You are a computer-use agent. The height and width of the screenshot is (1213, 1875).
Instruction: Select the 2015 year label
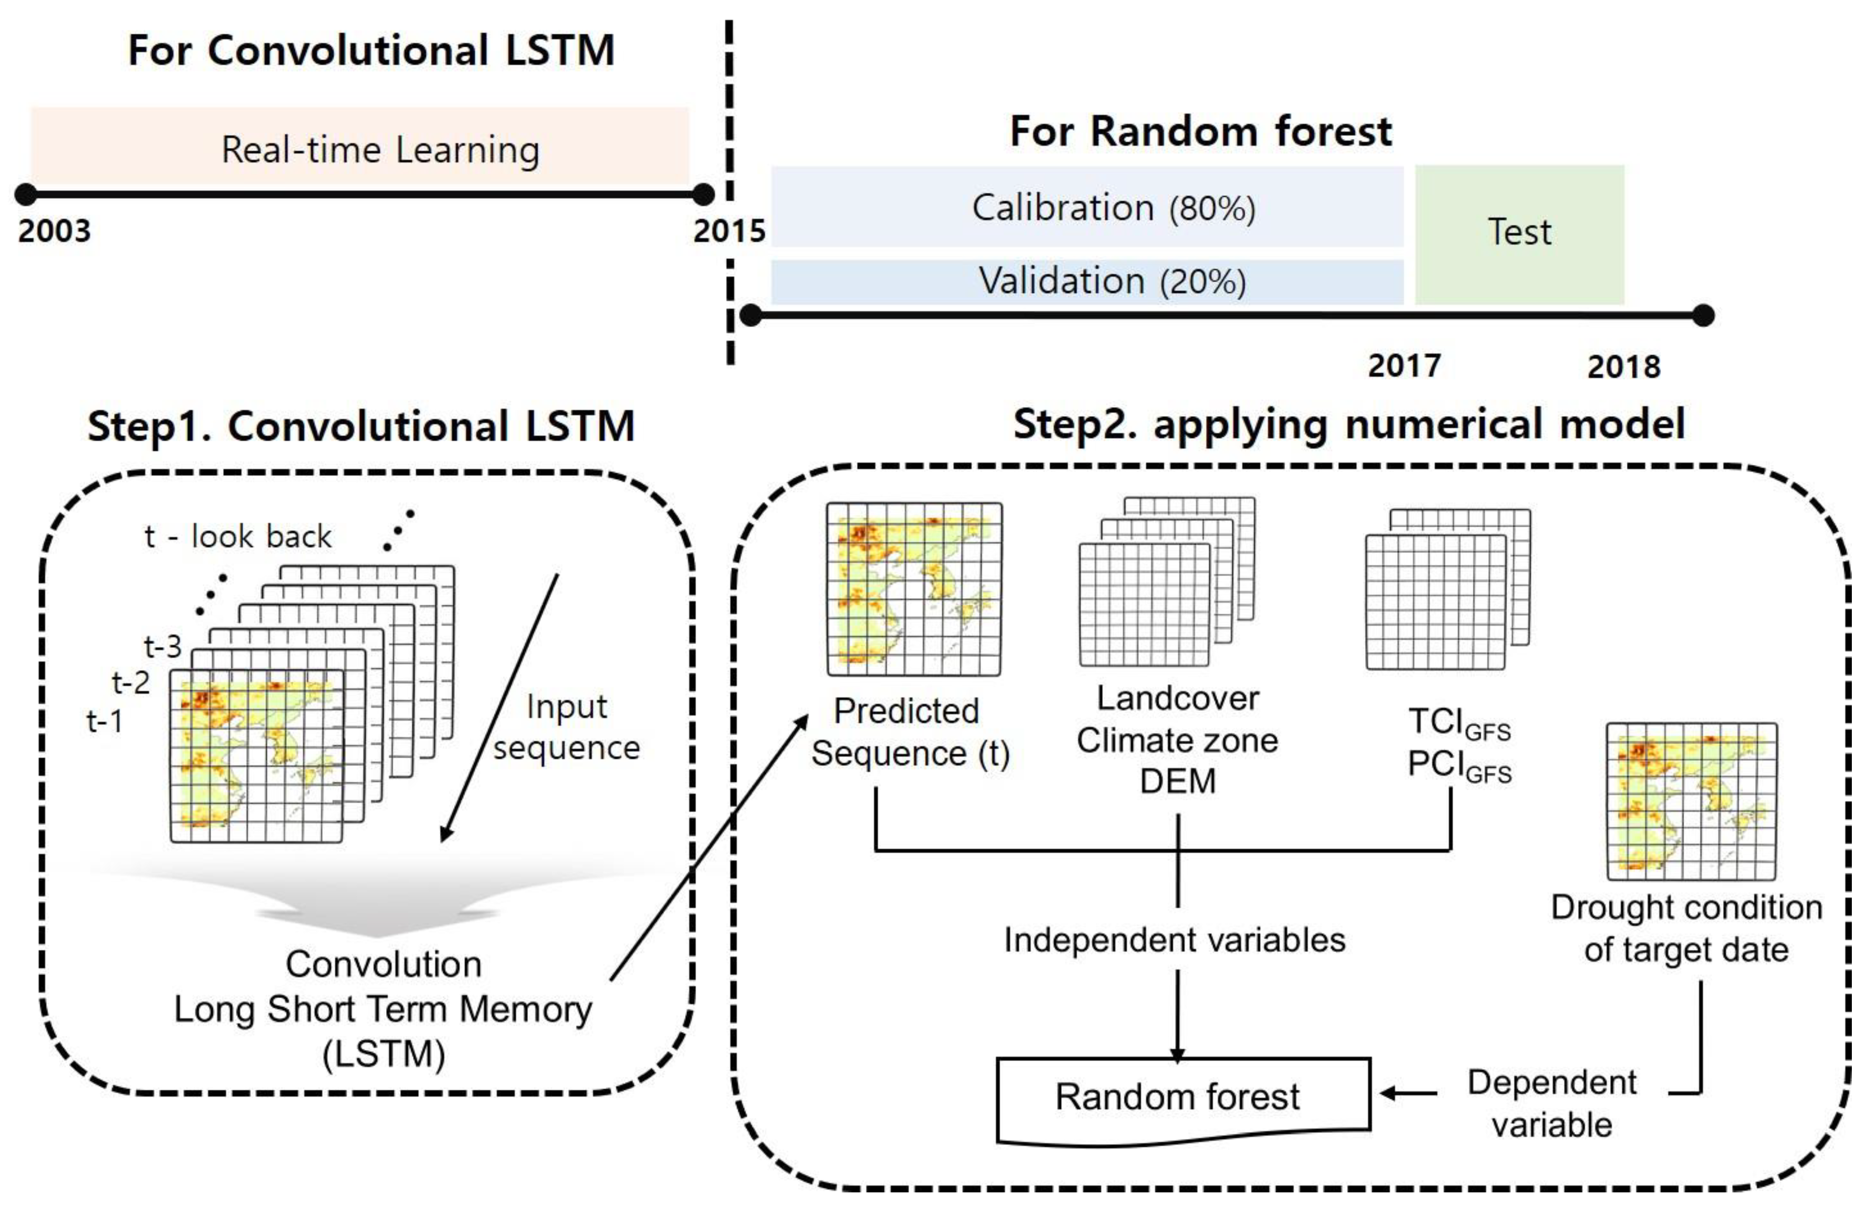729,231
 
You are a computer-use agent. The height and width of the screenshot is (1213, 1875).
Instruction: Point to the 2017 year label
1404,366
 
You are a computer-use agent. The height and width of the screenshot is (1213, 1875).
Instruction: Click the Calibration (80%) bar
1087,207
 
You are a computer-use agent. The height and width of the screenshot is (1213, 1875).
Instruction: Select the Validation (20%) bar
1087,281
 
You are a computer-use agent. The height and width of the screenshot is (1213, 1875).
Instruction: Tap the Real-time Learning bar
360,147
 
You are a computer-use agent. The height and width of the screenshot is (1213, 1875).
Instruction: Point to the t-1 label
104,721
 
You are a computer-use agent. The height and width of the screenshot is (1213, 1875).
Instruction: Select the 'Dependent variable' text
1551,1103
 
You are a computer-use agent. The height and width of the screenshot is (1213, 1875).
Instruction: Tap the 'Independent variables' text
1174,940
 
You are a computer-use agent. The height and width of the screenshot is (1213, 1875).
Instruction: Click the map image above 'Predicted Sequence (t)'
914,589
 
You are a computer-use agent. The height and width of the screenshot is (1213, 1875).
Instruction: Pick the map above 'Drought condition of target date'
1691,801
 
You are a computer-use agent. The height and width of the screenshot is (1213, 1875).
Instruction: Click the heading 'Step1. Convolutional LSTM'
361,427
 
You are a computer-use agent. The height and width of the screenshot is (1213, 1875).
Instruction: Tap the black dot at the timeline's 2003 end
26,194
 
